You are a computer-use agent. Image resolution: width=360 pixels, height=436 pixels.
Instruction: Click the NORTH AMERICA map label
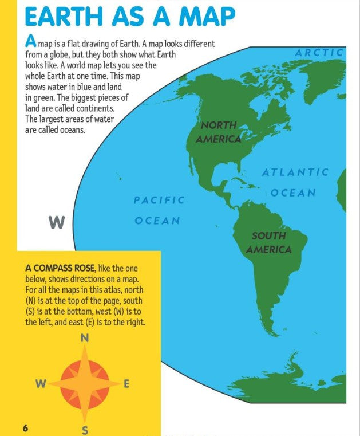click(218, 132)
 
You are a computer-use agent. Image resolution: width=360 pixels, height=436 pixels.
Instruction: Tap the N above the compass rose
click(85, 338)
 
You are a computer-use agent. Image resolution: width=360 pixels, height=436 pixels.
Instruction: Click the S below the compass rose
click(85, 430)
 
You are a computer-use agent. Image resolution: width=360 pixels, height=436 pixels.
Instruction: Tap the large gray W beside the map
click(56, 222)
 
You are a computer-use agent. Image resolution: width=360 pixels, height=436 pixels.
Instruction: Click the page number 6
click(25, 429)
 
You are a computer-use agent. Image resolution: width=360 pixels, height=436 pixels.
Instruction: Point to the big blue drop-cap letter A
click(31, 41)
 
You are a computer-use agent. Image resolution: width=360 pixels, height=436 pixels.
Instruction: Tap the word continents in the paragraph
click(112, 108)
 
